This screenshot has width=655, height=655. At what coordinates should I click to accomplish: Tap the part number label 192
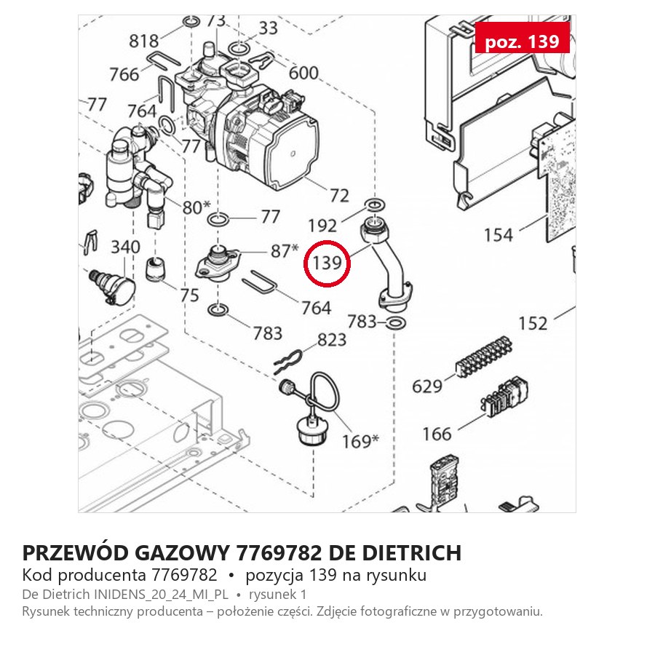322,226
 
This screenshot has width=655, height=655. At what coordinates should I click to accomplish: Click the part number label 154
499,235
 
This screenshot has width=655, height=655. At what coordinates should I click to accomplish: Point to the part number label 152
533,324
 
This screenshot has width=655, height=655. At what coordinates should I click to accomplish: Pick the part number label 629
427,386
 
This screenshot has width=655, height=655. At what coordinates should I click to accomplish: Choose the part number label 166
437,434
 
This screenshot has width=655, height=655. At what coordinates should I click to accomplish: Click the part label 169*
360,441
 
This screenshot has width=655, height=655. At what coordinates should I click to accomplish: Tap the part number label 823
332,340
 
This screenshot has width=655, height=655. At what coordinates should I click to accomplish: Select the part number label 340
125,247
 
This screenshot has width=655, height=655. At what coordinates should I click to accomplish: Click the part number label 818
143,41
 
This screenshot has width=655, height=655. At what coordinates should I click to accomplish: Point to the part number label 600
303,73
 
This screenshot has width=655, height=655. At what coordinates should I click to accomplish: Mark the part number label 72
339,196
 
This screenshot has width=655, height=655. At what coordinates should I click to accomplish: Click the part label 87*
285,250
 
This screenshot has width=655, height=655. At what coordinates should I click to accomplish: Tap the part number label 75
190,295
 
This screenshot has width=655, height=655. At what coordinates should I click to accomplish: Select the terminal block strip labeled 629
484,357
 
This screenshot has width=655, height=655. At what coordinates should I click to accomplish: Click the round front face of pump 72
292,154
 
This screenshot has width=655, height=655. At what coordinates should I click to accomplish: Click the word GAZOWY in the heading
182,552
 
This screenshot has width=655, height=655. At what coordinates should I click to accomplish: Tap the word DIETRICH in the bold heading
411,552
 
